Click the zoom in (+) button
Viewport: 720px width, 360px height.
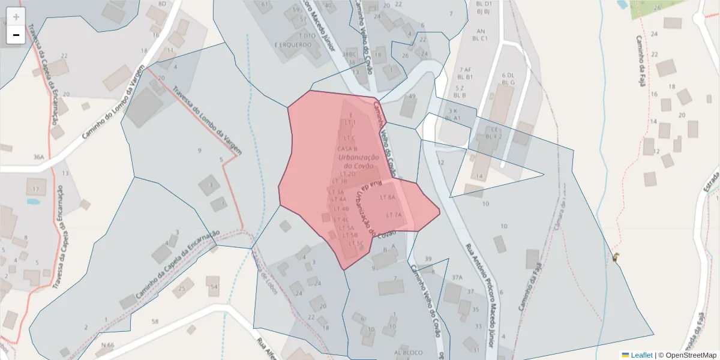click(16, 16)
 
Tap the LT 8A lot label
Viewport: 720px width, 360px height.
click(388, 197)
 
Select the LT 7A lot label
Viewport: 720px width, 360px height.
click(394, 214)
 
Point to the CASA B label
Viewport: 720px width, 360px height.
click(347, 148)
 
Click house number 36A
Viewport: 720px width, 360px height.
click(39, 157)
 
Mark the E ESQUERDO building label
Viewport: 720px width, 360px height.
click(293, 44)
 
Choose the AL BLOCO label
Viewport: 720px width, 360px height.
click(408, 352)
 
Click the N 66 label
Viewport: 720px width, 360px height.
click(107, 345)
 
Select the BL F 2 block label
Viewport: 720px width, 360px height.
click(493, 136)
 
